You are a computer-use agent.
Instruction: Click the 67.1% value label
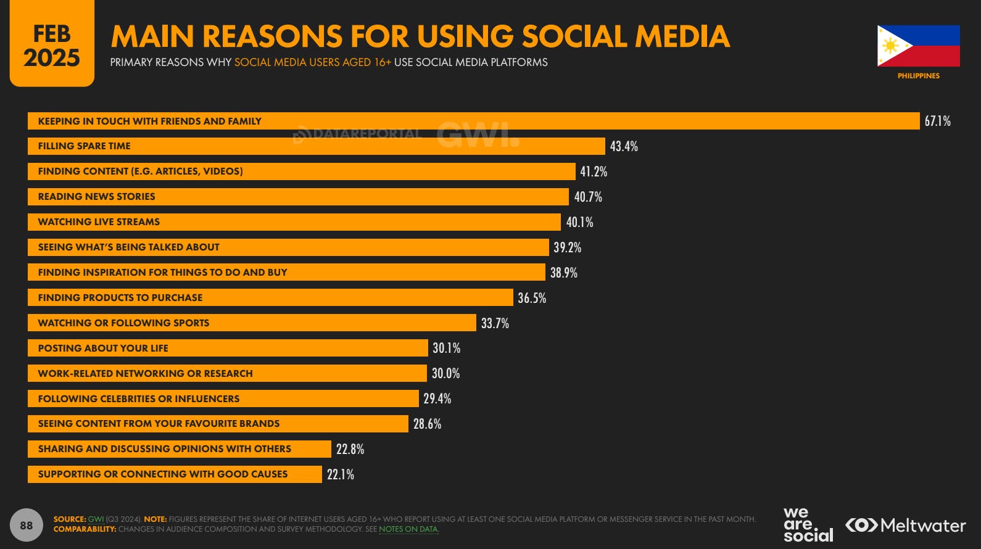937,121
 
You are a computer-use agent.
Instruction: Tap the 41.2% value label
594,171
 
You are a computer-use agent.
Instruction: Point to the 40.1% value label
579,222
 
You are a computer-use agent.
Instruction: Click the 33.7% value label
495,323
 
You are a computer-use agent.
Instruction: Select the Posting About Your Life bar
228,348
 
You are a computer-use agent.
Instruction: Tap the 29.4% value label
437,398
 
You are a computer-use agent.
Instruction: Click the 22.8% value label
350,449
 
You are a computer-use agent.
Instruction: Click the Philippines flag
918,46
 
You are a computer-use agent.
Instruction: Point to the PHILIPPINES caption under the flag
918,76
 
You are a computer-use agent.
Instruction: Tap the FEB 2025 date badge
52,45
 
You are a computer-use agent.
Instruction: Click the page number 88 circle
26,526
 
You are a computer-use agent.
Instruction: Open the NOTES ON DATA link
408,529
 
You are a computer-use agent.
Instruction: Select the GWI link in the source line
96,519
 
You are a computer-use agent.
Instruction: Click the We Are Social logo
808,525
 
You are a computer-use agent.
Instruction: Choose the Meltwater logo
905,526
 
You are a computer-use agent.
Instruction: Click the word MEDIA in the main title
682,36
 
